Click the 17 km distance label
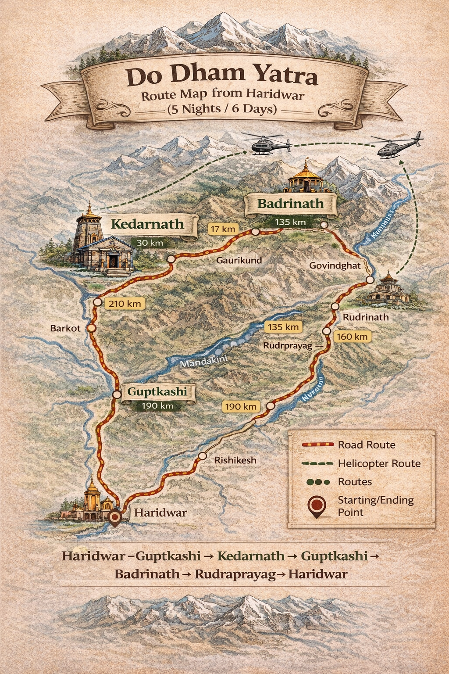click(x=223, y=229)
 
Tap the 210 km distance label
click(x=125, y=303)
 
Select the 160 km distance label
click(x=352, y=337)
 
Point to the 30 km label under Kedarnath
click(x=150, y=243)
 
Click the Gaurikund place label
click(x=239, y=260)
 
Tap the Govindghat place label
click(x=335, y=265)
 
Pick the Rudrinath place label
click(x=366, y=317)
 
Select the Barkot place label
click(x=65, y=328)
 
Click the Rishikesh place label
click(x=235, y=460)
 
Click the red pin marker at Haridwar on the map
click(x=115, y=517)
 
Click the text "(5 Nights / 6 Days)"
click(x=222, y=109)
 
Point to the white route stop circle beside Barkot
click(x=91, y=328)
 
